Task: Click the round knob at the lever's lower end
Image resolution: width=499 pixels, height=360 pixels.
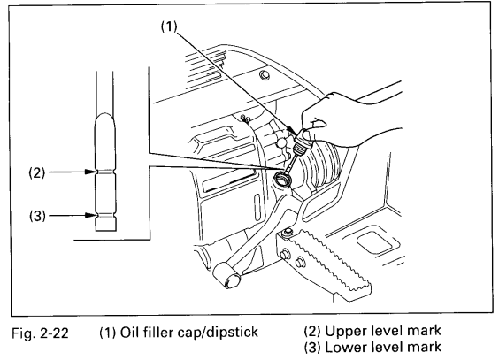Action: point(232,280)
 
